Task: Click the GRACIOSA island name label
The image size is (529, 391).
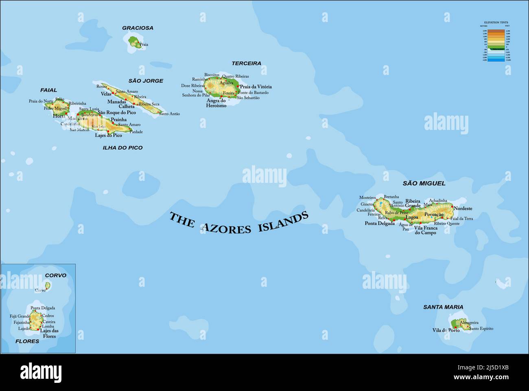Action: coord(138,28)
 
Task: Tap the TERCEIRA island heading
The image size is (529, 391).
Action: coord(246,64)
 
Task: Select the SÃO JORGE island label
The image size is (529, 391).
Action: coord(146,81)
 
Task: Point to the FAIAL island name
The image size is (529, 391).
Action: coord(48,90)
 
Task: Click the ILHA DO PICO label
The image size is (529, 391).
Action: coord(122,148)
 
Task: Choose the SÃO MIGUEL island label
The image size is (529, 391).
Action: coord(424,184)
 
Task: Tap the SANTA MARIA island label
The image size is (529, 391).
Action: coord(443,307)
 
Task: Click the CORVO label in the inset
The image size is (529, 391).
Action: coord(55,276)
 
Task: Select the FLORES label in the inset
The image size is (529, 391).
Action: coord(27,341)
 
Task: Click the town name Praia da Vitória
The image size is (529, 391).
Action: coord(256,87)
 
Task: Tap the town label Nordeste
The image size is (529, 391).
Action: coord(463,209)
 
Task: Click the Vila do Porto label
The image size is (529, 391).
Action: coord(446,330)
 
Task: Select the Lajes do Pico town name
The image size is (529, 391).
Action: coord(108,136)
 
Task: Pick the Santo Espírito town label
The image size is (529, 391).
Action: coord(481,328)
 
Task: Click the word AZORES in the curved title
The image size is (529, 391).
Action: coord(226,228)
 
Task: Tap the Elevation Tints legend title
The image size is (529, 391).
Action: coord(496,23)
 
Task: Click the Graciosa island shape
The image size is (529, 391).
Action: coord(134,42)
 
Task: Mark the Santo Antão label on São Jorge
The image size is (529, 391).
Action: coord(169,114)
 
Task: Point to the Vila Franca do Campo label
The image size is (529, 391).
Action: coord(426,231)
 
